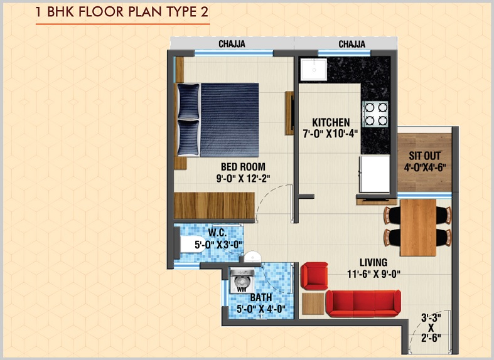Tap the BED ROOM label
pyautogui.click(x=242, y=166)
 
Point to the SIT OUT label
pyautogui.click(x=424, y=155)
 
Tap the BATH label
pyautogui.click(x=260, y=297)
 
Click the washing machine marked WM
pyautogui.click(x=241, y=282)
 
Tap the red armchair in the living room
pyautogui.click(x=313, y=276)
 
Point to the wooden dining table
pyautogui.click(x=417, y=226)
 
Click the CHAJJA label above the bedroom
pyautogui.click(x=232, y=44)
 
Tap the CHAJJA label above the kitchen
pyautogui.click(x=352, y=44)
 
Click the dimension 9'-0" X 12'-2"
pyautogui.click(x=242, y=177)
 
